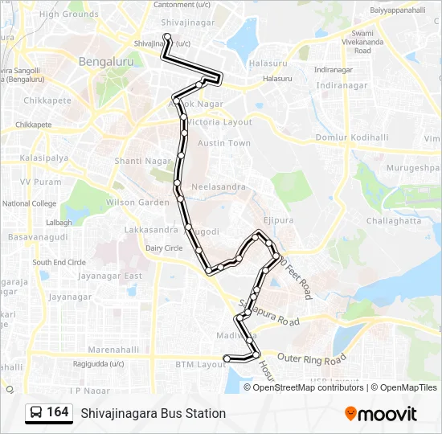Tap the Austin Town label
pos(224,143)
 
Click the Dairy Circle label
pos(163,248)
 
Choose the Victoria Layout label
pos(221,122)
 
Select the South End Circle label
pos(59,262)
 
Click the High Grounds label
pos(68,14)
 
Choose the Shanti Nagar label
pos(144,161)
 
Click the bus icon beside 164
pos(36,412)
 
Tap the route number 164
pos(58,412)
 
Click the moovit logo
pos(381,413)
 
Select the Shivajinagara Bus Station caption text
pos(153,413)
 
